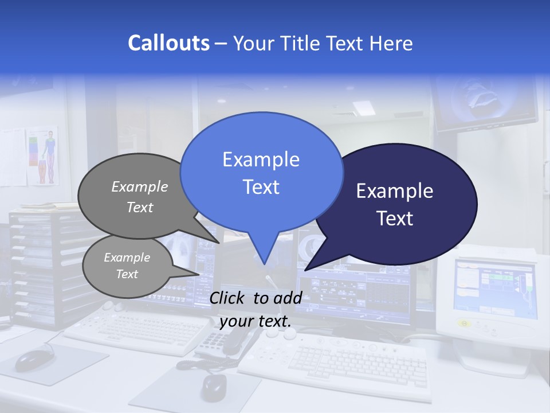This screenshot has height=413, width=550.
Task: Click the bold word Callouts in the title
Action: pyautogui.click(x=168, y=43)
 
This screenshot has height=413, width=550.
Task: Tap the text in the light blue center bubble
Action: pyautogui.click(x=261, y=173)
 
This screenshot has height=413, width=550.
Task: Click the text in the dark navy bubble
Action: pyautogui.click(x=395, y=204)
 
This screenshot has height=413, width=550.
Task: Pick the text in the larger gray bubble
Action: pyautogui.click(x=139, y=197)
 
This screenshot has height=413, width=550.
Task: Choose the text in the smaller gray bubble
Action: pyautogui.click(x=127, y=266)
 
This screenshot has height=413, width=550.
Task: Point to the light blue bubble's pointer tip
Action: pyautogui.click(x=264, y=263)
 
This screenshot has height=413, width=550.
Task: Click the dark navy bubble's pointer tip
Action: pyautogui.click(x=306, y=270)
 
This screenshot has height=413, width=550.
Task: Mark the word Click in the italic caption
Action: pyautogui.click(x=229, y=298)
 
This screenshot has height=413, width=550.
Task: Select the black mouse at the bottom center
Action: pyautogui.click(x=213, y=387)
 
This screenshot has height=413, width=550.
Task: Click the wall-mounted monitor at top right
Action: pyautogui.click(x=487, y=103)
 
